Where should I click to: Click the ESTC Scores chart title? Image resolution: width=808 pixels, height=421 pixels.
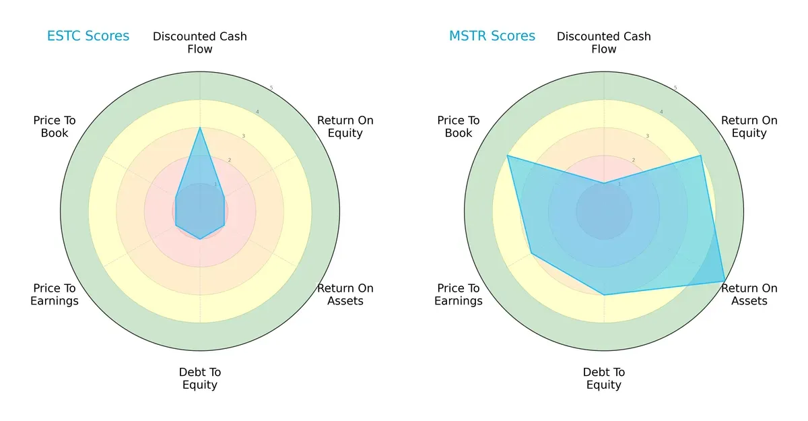point(88,36)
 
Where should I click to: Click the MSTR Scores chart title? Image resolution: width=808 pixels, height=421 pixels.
point(492,36)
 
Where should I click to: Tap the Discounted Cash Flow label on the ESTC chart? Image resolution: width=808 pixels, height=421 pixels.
point(200,42)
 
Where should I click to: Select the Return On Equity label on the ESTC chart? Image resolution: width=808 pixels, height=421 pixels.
point(345,127)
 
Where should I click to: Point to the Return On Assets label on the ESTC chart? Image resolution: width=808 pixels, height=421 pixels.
point(345,294)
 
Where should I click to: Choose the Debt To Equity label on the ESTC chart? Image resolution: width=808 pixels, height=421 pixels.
point(200,379)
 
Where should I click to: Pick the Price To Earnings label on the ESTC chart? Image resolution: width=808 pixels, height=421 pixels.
point(55,294)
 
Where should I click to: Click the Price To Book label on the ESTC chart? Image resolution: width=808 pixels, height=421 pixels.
point(55,127)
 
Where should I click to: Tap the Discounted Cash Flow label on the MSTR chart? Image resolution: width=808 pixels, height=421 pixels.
point(604,42)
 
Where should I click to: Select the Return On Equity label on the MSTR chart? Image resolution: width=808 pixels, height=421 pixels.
point(749,127)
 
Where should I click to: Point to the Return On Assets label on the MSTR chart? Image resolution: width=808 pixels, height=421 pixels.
point(749,294)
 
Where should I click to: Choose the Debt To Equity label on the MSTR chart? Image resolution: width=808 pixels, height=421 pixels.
point(604,379)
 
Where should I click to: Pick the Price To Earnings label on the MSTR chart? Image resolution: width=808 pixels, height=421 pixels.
point(459,294)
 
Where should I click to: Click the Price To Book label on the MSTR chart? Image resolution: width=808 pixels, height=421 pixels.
point(459,127)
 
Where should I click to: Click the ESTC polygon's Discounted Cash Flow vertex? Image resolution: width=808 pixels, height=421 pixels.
point(200,127)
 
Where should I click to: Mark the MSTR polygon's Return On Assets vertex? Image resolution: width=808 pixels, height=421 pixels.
point(725,281)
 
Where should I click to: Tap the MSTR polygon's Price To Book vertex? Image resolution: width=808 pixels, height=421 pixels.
point(508,156)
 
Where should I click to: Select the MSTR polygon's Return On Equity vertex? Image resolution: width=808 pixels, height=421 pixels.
point(700,156)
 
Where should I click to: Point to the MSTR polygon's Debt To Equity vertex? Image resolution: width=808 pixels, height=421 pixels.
point(604,295)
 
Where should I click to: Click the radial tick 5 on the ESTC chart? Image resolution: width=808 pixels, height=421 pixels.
point(271,88)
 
